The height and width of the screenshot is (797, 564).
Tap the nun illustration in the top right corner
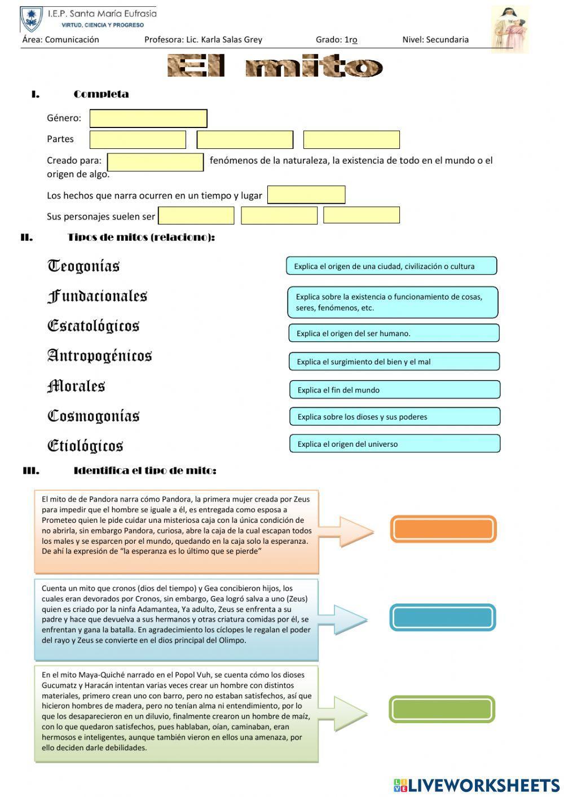pyautogui.click(x=509, y=29)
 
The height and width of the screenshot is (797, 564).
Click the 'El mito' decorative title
pyautogui.click(x=275, y=67)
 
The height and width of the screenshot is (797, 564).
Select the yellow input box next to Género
pyautogui.click(x=148, y=118)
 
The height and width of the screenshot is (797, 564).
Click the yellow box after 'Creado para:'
pyautogui.click(x=155, y=162)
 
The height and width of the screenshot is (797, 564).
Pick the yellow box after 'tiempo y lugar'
pyautogui.click(x=306, y=195)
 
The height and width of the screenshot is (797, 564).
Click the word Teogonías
pyautogui.click(x=83, y=266)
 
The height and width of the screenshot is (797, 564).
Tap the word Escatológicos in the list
pyautogui.click(x=93, y=326)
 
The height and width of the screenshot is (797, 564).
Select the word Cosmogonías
pyautogui.click(x=93, y=416)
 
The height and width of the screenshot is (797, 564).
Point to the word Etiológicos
pyautogui.click(x=85, y=446)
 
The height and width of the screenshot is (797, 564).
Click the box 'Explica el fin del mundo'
pyautogui.click(x=395, y=390)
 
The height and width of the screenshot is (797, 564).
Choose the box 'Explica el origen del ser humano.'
pyautogui.click(x=394, y=333)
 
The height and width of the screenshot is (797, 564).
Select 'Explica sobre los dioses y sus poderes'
pyautogui.click(x=395, y=417)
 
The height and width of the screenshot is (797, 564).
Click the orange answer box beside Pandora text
pyautogui.click(x=443, y=529)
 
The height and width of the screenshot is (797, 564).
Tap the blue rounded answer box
pyautogui.click(x=442, y=618)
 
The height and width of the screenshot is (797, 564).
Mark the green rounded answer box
pyautogui.click(x=442, y=709)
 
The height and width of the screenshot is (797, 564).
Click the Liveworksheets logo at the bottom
pyautogui.click(x=477, y=785)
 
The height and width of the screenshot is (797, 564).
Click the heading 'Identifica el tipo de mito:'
pyautogui.click(x=145, y=470)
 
